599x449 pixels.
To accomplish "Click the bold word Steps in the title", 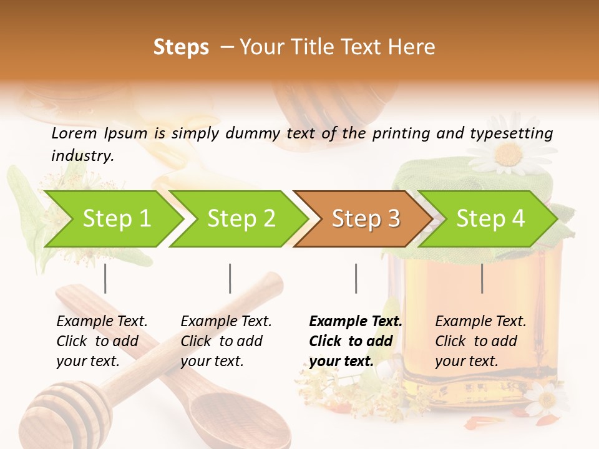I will [181, 47].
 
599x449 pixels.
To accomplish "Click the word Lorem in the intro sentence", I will [74, 133].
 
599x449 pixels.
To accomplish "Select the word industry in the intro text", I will [82, 155].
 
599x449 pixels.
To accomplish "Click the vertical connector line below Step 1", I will [105, 278].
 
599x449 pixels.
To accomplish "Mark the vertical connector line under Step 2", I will [230, 278].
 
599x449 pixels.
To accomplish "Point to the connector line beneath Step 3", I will [356, 278].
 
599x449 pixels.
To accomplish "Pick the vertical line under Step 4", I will [482, 278].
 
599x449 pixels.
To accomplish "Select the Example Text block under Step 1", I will [102, 341].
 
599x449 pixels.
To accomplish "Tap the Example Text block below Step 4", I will [480, 341].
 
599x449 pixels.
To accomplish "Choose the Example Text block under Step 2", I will [226, 341].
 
